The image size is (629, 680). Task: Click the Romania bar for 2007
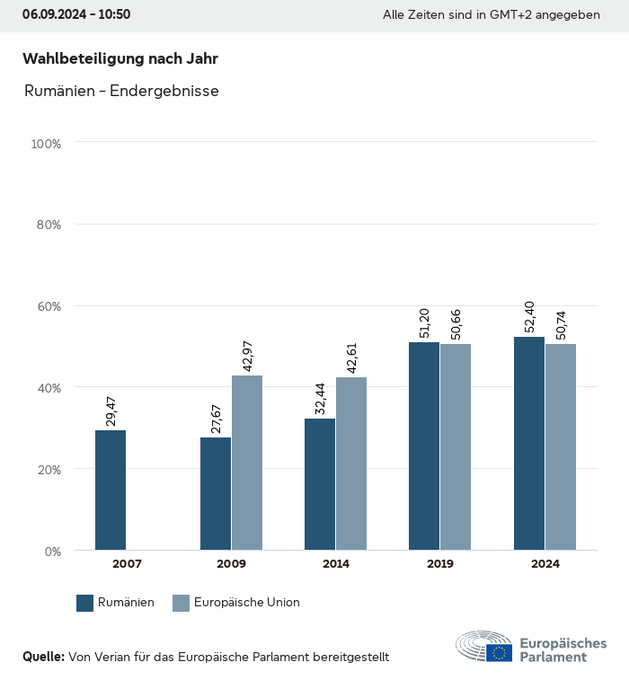coord(111,490)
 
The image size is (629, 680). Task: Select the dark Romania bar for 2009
coord(216,493)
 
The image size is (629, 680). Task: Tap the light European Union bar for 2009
coord(247,463)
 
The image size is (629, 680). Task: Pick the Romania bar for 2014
coord(320,484)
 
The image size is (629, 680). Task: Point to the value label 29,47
coord(111,410)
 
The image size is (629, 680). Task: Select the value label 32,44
coord(320,398)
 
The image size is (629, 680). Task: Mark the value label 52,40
coord(529,316)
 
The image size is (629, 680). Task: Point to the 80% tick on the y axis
coord(48,225)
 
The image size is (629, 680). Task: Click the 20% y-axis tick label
coord(48,469)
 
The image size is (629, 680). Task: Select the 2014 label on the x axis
coord(336,564)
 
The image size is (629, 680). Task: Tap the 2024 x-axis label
coord(545,564)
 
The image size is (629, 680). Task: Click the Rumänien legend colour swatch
coord(85,603)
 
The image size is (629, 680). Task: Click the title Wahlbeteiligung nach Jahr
coord(120,58)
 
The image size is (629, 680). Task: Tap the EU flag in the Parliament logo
coord(500,652)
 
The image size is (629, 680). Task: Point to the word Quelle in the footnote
coord(43,657)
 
